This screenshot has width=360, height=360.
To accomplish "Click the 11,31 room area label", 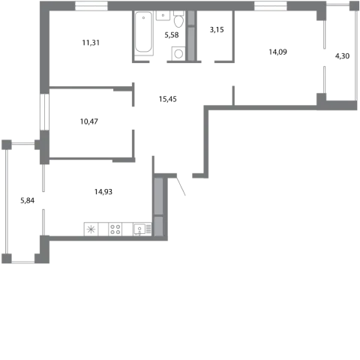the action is pos(91,43).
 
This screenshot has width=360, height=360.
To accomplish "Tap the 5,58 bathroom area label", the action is pos(172,35).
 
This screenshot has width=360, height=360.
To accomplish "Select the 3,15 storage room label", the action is pos(217,30).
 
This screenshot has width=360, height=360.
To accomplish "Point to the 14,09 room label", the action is pos(277,52).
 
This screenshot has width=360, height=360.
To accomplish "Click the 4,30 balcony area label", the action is pos(342,56).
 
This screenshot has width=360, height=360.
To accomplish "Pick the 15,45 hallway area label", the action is pos(167,99).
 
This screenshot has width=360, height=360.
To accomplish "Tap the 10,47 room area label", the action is pos(89,121).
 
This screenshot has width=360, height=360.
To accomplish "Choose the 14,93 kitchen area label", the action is pos(103,192).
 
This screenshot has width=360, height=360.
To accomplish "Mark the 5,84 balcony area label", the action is pos(28,200).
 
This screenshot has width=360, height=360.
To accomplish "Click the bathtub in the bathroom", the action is pos(143,33).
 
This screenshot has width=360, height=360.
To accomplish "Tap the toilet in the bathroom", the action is pos(178,19).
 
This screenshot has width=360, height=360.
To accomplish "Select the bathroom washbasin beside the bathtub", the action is pos(163,16).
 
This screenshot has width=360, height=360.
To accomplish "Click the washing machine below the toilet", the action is pos(178,53).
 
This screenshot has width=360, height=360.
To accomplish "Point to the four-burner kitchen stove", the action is pos(115,229).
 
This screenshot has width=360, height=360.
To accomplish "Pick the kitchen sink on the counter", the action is pos(139,229).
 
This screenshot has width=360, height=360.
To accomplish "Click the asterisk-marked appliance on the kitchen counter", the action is pos(91,229).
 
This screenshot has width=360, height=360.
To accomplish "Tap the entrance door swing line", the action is pos(181,186).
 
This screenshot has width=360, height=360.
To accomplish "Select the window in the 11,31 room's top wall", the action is pos(91,6).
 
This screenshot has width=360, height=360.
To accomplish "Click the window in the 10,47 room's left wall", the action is pos(44,112).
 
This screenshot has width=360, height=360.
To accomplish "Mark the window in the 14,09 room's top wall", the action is pos(271,6).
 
